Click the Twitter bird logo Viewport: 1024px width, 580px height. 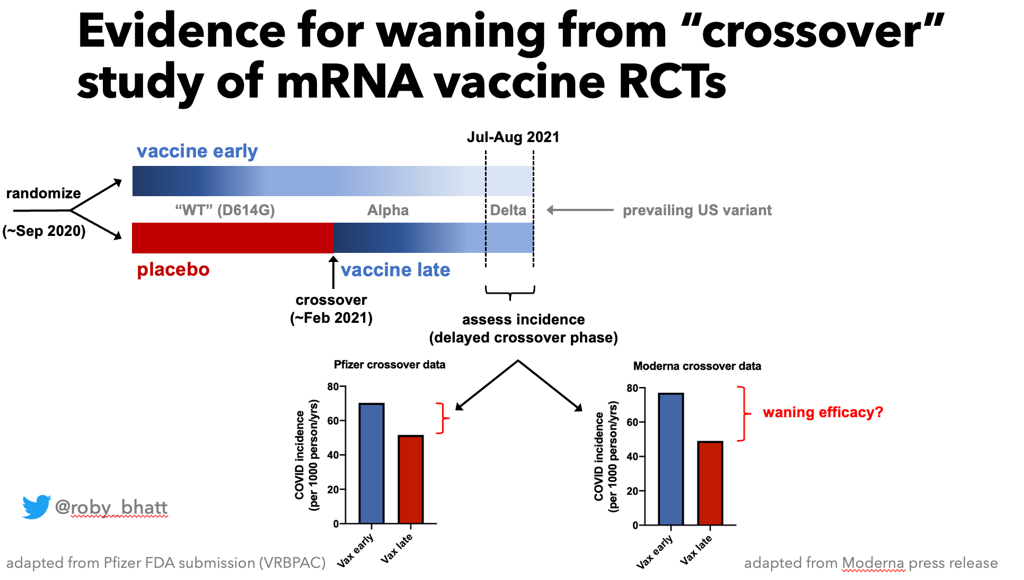tap(36, 507)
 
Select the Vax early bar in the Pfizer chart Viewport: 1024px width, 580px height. tap(371, 463)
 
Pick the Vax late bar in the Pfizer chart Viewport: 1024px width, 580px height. tap(411, 479)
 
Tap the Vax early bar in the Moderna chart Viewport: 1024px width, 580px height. tap(670, 459)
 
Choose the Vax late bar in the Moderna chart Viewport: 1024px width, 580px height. tap(710, 483)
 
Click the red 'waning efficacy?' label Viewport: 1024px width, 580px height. tap(823, 412)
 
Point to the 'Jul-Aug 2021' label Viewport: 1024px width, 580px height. tap(513, 137)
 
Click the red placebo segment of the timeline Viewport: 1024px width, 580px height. tap(232, 238)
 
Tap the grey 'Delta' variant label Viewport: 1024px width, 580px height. tap(508, 210)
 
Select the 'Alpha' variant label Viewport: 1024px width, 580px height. tap(388, 210)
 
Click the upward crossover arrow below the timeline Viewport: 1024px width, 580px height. tap(333, 272)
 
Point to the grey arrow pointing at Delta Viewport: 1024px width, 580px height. tap(580, 210)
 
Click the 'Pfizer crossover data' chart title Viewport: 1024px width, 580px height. tap(390, 365)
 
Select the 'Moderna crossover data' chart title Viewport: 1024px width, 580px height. tap(697, 366)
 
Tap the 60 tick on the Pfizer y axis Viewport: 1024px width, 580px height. tap(333, 421)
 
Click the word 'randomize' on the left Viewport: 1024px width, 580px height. tap(43, 194)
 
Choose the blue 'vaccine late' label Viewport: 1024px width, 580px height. tap(395, 270)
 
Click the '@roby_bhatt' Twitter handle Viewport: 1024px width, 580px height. tap(111, 507)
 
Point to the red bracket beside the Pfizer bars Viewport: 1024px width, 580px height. tap(443, 418)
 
